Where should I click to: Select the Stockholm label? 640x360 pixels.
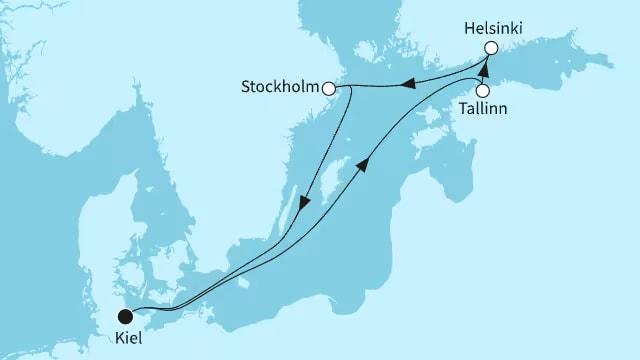[x=280, y=87]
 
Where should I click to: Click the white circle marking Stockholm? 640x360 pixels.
[x=327, y=87]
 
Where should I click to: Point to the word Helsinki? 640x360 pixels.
[x=492, y=29]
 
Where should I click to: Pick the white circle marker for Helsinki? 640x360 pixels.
[x=491, y=48]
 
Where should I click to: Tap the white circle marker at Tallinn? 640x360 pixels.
[x=482, y=90]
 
